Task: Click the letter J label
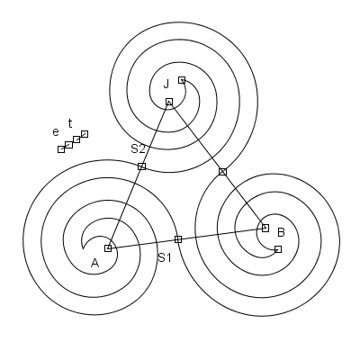click(x=166, y=84)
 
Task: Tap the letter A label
click(x=94, y=263)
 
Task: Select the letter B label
click(x=281, y=232)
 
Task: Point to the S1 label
click(x=165, y=257)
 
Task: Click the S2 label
click(x=139, y=148)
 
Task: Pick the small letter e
click(x=56, y=132)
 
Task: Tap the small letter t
click(x=70, y=123)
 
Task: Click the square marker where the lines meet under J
click(x=169, y=102)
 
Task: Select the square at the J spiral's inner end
click(x=182, y=80)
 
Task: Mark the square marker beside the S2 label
click(x=141, y=166)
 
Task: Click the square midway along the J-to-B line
click(x=222, y=172)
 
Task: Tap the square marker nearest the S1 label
click(x=178, y=239)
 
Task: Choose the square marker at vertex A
click(x=108, y=248)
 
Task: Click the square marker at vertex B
click(x=265, y=228)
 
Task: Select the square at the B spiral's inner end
click(x=278, y=249)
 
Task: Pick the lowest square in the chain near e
click(x=61, y=149)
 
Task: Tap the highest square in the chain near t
click(x=85, y=134)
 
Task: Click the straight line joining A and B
click(x=186, y=238)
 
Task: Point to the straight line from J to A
click(x=139, y=175)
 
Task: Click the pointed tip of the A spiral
click(x=83, y=248)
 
